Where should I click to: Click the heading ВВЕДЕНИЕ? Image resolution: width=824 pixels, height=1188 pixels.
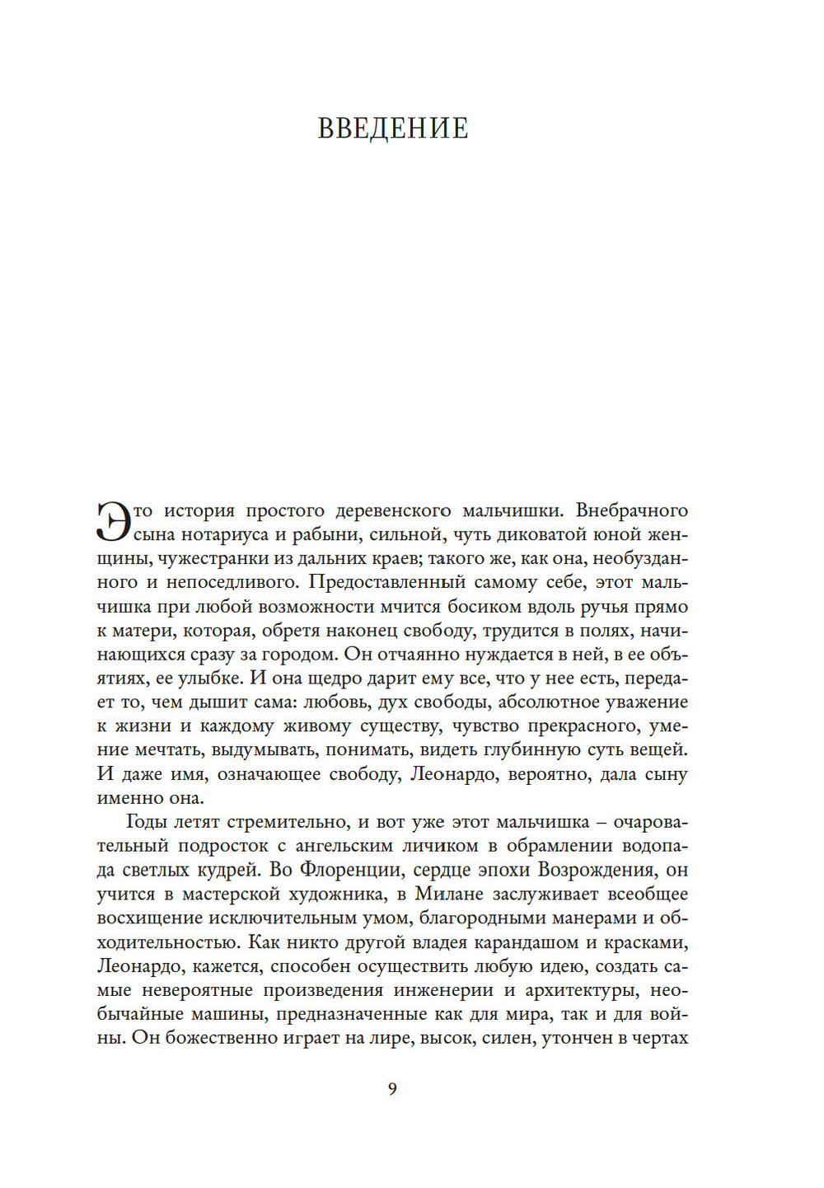click(x=393, y=129)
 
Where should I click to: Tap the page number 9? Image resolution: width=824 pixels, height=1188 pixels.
click(x=392, y=1088)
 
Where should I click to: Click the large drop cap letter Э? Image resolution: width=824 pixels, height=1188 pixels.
click(x=115, y=522)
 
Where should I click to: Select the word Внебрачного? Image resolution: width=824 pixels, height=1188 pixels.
click(x=632, y=510)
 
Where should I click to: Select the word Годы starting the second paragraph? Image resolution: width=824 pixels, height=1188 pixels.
click(x=148, y=822)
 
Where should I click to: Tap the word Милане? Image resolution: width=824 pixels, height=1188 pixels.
click(x=450, y=894)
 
